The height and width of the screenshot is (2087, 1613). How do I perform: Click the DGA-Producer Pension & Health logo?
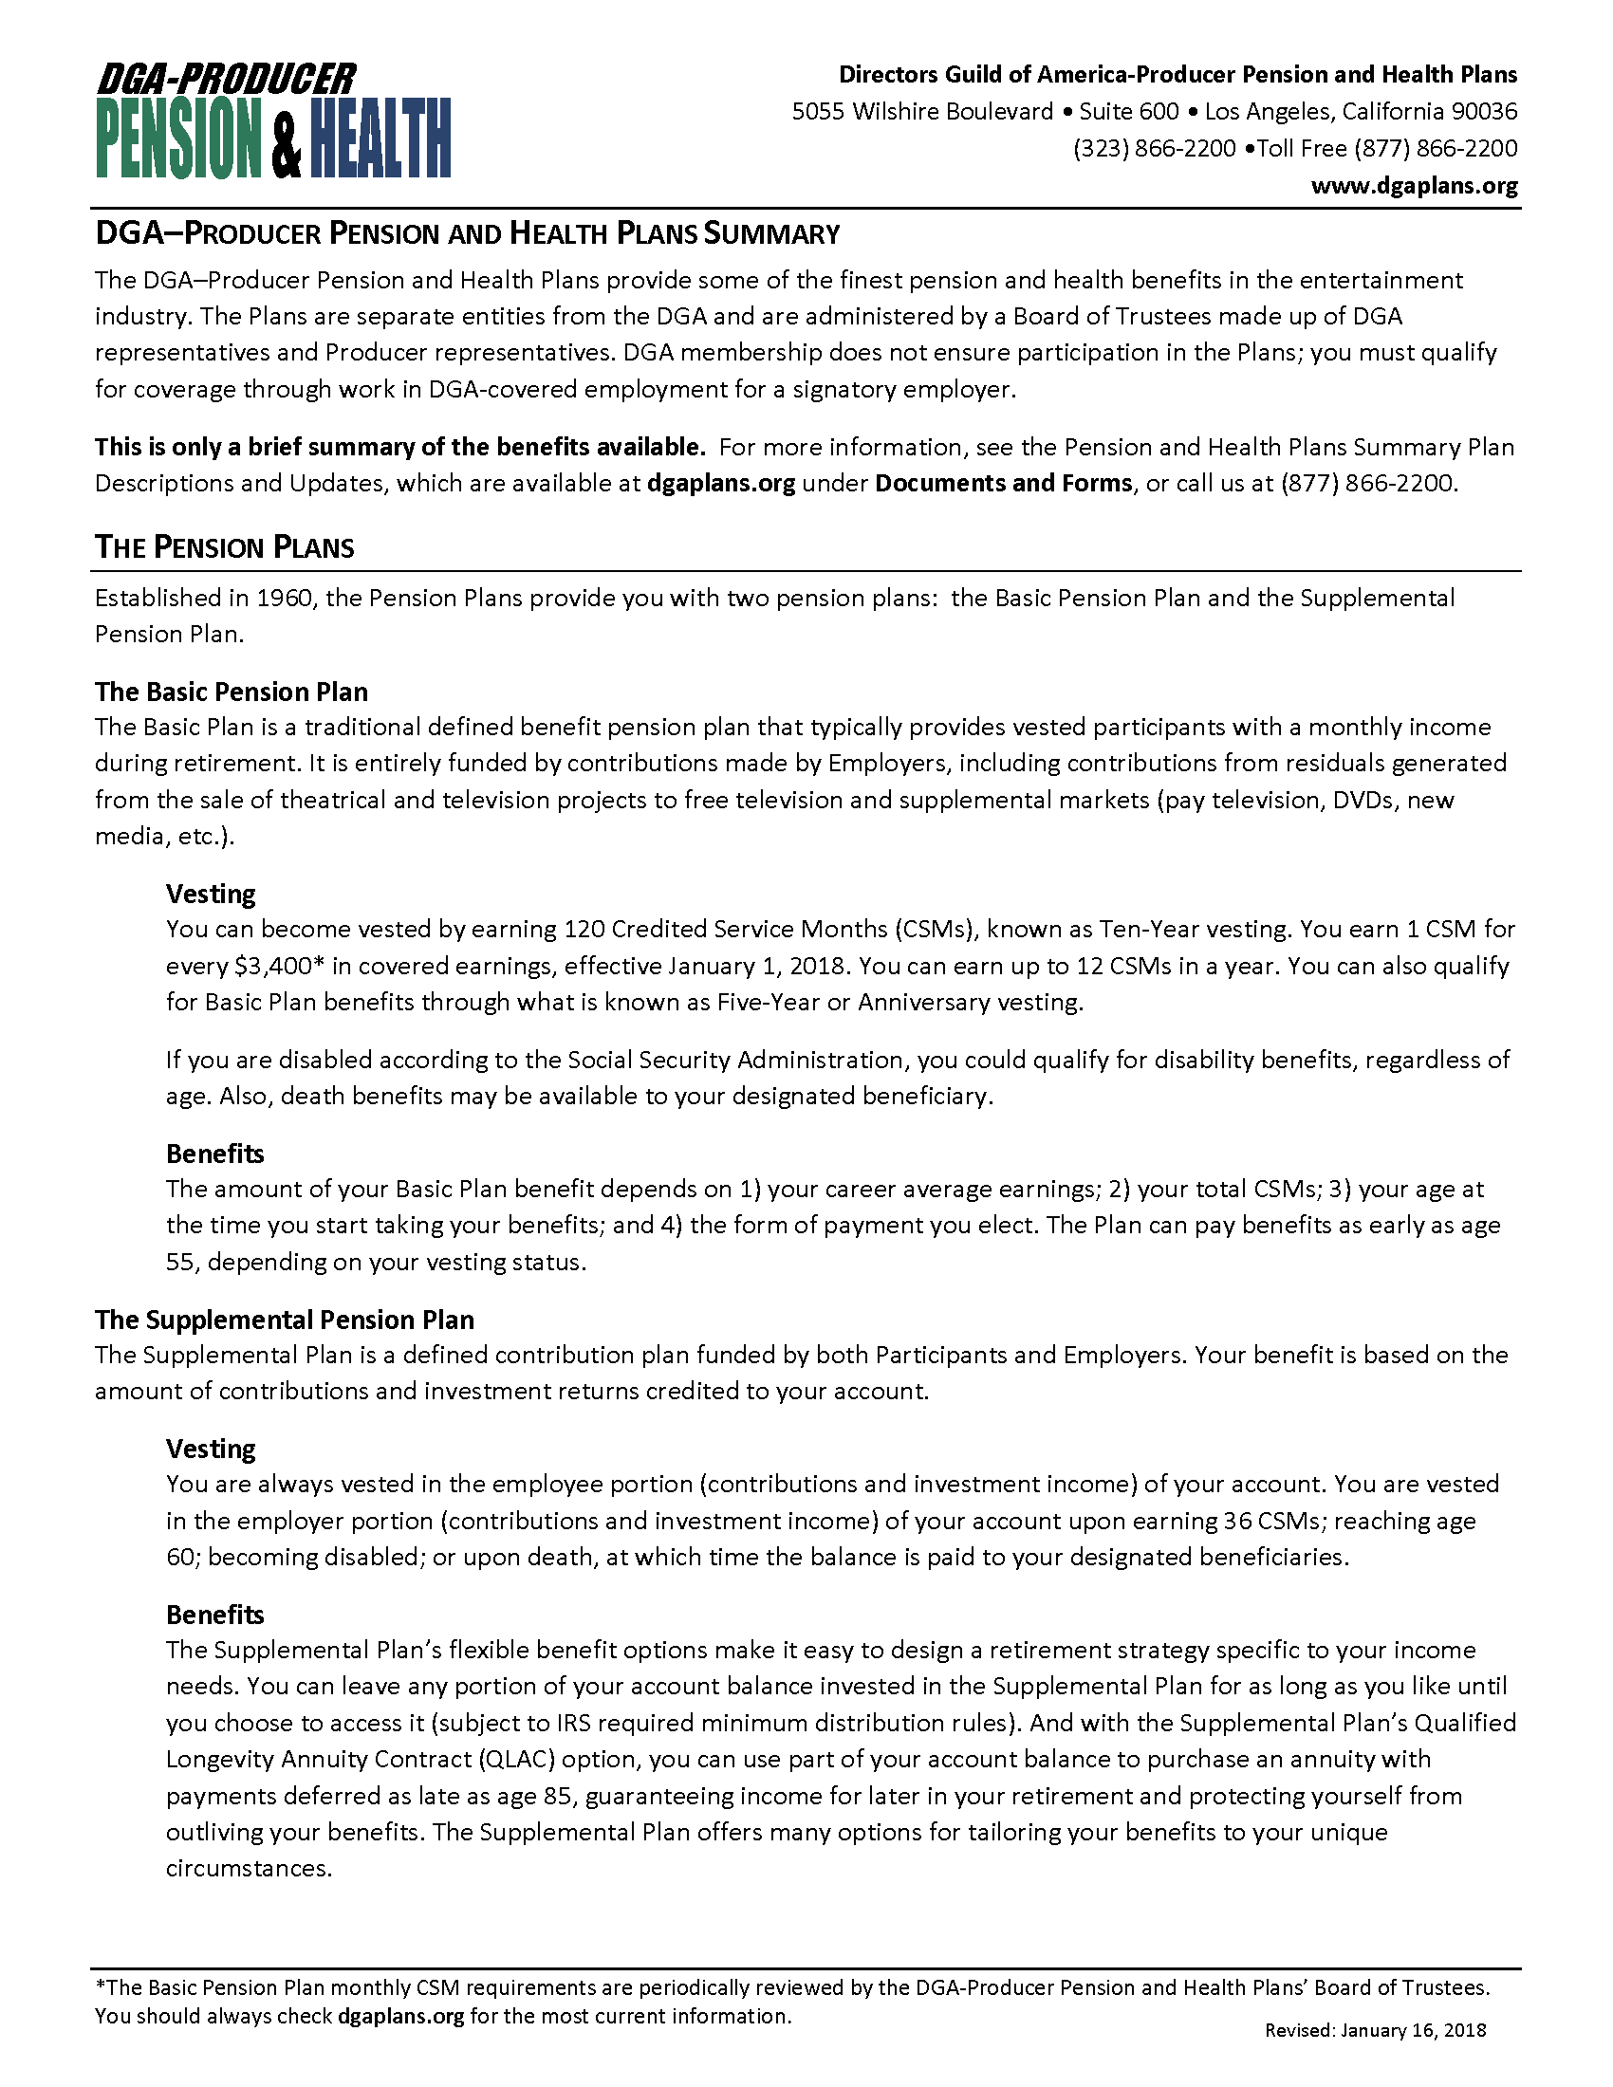[x=273, y=121]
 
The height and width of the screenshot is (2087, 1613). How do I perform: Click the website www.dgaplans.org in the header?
[x=1414, y=185]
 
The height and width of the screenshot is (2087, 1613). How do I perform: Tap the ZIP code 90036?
[x=1483, y=112]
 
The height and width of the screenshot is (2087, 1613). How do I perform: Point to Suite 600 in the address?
[x=1128, y=112]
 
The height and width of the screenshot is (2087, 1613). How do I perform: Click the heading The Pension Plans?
[x=225, y=547]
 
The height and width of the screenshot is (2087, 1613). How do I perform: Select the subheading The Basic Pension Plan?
[x=232, y=692]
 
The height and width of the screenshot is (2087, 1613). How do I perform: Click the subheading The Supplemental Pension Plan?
[x=284, y=1320]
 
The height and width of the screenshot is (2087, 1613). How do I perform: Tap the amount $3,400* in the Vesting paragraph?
[x=273, y=966]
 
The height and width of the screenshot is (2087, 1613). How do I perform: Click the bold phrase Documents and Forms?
[x=1003, y=484]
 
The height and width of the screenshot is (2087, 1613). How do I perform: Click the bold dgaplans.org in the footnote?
[x=401, y=2016]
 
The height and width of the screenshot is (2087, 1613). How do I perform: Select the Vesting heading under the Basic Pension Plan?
[x=212, y=895]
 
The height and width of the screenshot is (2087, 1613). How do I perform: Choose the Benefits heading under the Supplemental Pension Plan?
[x=215, y=1615]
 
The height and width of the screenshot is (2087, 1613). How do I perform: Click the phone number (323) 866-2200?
[x=1155, y=149]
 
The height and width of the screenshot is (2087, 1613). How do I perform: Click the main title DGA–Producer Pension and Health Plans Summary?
[x=467, y=234]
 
